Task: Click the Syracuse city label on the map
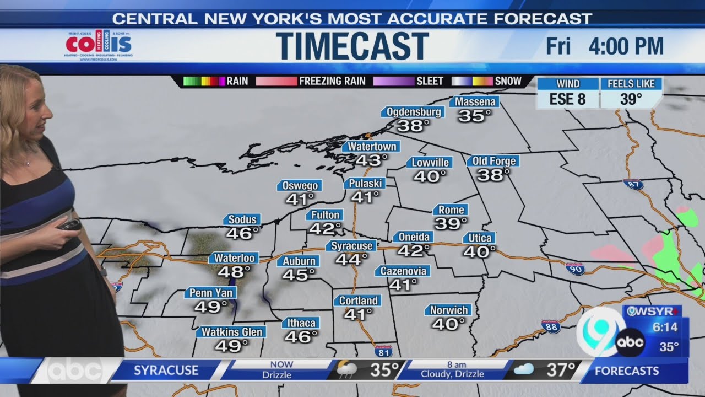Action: click(352, 246)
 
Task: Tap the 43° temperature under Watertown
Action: click(371, 160)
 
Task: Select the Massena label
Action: click(474, 102)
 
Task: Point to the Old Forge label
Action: click(494, 161)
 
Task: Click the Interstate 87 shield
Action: click(634, 184)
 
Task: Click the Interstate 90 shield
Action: click(574, 269)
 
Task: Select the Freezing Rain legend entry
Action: click(332, 81)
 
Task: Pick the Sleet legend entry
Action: click(430, 81)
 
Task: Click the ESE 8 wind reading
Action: click(568, 99)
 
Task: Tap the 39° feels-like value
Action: click(631, 99)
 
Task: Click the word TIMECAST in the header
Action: click(352, 46)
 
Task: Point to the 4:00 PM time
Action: click(626, 46)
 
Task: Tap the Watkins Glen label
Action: click(231, 332)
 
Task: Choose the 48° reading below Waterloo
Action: click(234, 271)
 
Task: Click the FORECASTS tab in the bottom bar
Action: click(626, 371)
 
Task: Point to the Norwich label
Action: click(449, 310)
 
